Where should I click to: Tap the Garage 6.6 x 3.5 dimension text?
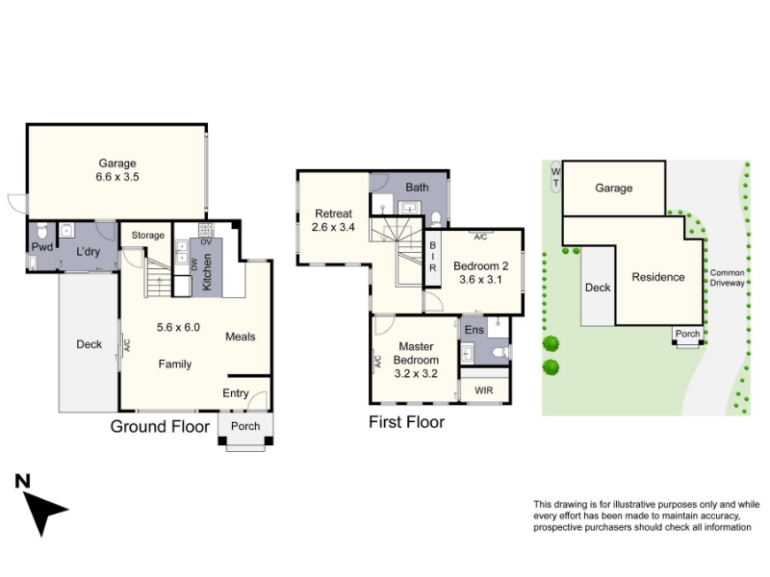click(x=117, y=177)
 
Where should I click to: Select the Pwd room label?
click(x=42, y=247)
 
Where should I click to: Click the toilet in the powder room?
click(x=42, y=231)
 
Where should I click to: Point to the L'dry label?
click(x=88, y=252)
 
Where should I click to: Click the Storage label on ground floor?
click(x=148, y=236)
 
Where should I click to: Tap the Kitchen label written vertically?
click(x=207, y=272)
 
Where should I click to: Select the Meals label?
click(x=240, y=337)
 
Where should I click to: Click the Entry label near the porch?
click(x=236, y=393)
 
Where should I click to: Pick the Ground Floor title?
click(x=160, y=426)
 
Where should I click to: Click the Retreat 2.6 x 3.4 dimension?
click(x=333, y=227)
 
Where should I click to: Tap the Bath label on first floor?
click(x=417, y=188)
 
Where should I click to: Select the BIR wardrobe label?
click(x=432, y=256)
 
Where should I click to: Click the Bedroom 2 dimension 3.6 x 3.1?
click(x=480, y=280)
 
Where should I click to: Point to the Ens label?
click(x=474, y=330)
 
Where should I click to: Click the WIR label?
click(x=484, y=390)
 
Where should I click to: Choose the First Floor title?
click(x=406, y=422)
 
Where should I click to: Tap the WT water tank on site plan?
click(x=555, y=177)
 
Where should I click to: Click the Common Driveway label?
click(x=728, y=278)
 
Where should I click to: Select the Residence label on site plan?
click(x=658, y=277)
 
